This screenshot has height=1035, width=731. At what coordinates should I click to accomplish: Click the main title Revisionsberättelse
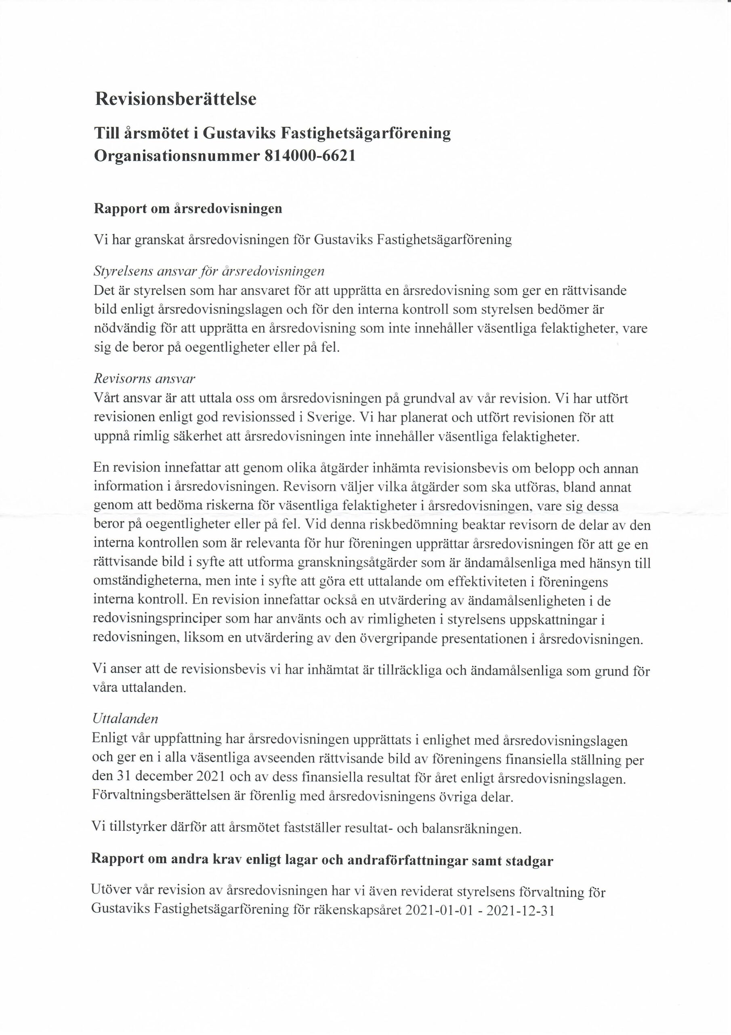click(x=176, y=99)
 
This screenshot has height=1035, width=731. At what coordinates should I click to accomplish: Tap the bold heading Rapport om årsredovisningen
click(x=188, y=208)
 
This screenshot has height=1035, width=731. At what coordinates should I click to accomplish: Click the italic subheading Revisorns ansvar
click(x=144, y=378)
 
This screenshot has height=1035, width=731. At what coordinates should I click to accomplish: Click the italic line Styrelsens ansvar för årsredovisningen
click(x=209, y=271)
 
